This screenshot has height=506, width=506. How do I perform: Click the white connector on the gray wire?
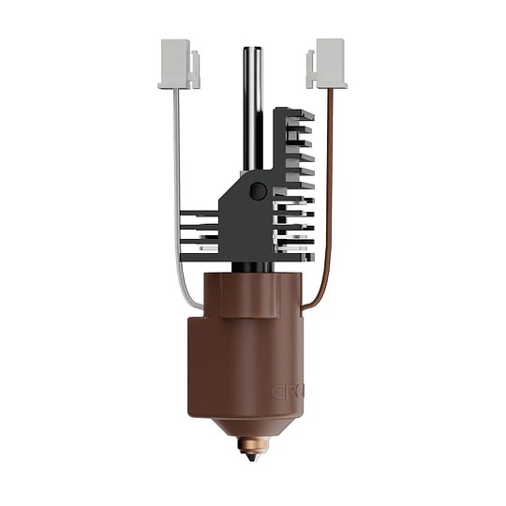point(177,63)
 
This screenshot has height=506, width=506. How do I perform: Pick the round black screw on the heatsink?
point(258,191)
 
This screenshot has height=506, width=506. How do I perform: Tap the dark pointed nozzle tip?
point(252,460)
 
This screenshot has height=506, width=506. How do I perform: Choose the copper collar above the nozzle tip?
point(252,443)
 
